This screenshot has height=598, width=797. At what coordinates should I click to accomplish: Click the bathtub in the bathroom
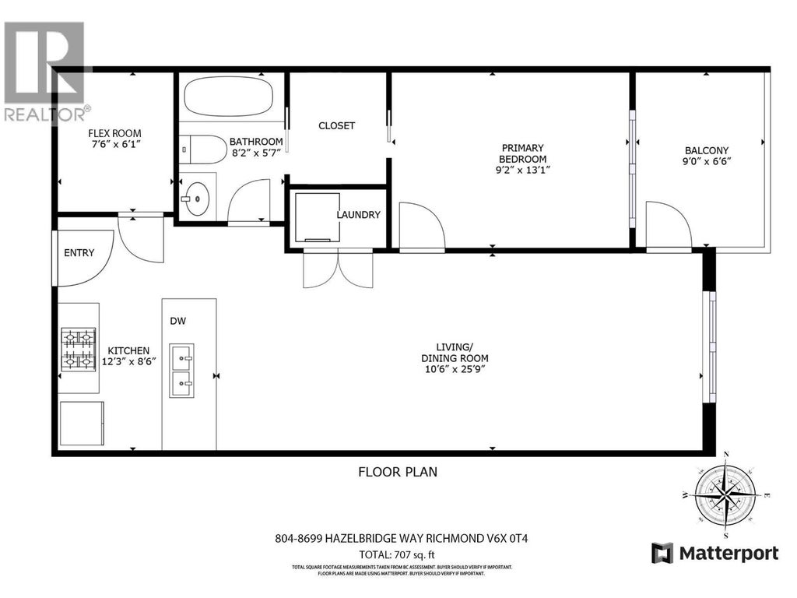click(x=228, y=97)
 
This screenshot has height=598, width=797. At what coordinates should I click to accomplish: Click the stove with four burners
click(x=79, y=348)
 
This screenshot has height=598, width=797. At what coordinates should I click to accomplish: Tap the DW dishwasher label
click(x=179, y=321)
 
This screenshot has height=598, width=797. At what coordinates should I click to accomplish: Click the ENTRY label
click(x=79, y=252)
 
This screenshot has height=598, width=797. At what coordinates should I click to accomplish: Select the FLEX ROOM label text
click(x=114, y=133)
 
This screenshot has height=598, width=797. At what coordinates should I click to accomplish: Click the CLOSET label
click(x=336, y=125)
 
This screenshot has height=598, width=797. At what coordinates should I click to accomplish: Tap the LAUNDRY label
click(x=358, y=215)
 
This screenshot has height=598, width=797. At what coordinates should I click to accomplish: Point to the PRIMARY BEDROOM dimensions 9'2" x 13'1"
click(x=522, y=171)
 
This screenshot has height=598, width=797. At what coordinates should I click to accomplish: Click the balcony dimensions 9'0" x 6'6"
click(x=707, y=163)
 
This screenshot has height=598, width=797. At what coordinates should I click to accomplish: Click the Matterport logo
click(x=714, y=553)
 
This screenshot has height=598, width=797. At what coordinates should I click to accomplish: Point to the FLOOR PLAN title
click(x=398, y=471)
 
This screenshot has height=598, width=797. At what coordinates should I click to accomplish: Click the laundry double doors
click(x=338, y=268)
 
